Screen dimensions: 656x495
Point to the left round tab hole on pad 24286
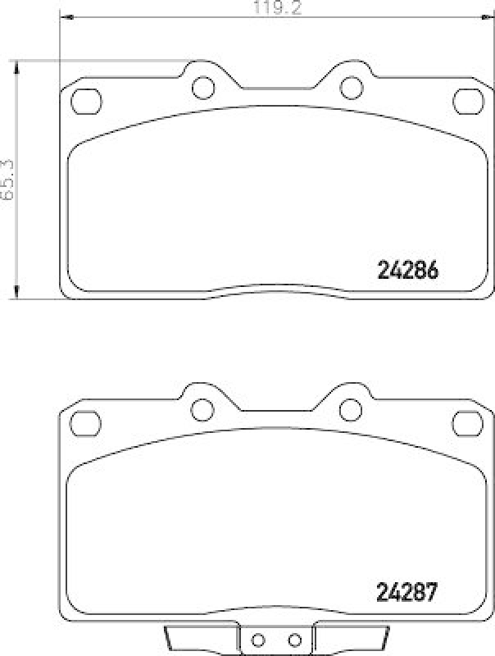(202, 86)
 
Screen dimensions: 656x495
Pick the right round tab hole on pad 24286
(351, 86)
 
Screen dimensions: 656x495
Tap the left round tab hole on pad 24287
(202, 408)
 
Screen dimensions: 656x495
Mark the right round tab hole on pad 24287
(351, 408)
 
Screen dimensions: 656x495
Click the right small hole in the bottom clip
(294, 640)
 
